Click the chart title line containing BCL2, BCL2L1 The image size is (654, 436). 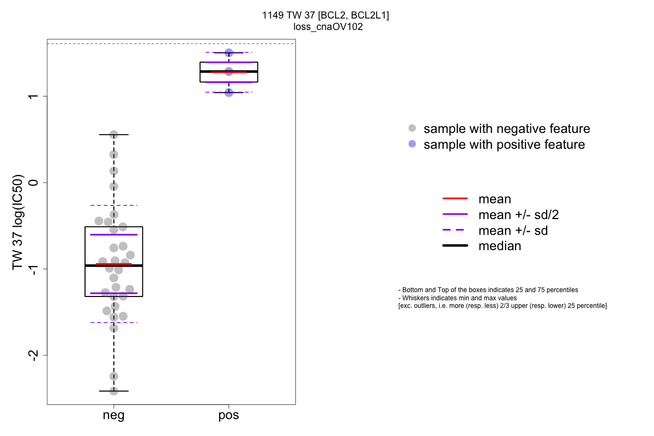coord(325,15)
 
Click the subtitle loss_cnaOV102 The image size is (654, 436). coord(325,26)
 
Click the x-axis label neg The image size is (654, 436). coord(113,416)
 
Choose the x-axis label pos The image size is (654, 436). coord(229,416)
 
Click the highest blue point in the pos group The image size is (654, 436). coord(229,53)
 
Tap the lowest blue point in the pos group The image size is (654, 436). coord(229,93)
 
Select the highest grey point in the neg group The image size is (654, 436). coord(114,135)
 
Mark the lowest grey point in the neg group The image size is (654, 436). coord(114,391)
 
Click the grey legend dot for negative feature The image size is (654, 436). coord(412,129)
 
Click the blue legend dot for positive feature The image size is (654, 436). coord(412,144)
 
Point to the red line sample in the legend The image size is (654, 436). coord(455,199)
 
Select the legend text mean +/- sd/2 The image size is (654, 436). coord(518,215)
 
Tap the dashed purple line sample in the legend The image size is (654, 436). coord(455,231)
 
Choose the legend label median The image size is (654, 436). coord(499,246)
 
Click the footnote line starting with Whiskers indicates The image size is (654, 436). coord(458,298)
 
